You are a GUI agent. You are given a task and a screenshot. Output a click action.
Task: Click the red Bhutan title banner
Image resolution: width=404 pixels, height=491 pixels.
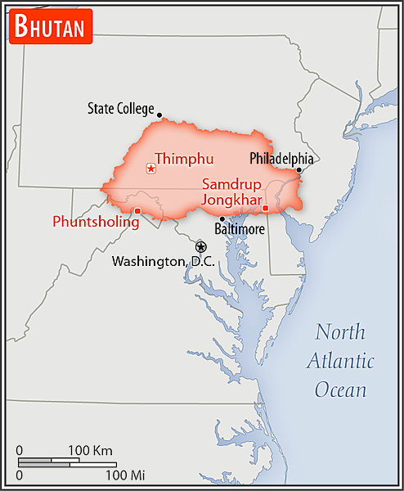[50, 27]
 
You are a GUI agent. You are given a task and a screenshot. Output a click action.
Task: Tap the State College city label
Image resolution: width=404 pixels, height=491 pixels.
[120, 108]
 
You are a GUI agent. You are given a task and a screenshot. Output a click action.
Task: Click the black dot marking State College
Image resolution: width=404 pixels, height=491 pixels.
[159, 115]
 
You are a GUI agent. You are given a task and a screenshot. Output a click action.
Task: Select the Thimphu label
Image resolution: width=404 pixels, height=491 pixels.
[184, 159]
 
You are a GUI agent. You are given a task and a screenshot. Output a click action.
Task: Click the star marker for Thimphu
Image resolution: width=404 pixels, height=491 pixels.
[150, 169]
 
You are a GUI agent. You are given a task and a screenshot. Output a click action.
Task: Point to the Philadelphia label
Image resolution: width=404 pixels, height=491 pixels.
[281, 158]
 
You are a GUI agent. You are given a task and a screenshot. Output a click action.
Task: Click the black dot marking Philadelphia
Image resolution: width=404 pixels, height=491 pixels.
[299, 170]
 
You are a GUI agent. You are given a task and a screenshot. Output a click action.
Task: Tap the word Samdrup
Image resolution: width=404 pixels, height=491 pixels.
[231, 184]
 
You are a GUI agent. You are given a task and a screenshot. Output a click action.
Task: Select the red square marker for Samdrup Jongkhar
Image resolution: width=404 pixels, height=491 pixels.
[265, 208]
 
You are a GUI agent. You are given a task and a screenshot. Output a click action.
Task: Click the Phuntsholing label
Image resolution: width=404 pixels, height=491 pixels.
[96, 221]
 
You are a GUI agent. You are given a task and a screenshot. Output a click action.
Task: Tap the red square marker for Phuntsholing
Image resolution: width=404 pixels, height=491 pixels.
[137, 211]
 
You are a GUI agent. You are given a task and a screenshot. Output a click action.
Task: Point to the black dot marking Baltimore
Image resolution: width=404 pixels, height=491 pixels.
[222, 218]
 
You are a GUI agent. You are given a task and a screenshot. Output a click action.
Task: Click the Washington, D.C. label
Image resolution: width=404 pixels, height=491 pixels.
[163, 261]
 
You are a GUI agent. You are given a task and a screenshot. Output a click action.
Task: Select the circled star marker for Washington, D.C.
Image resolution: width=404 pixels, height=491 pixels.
[200, 246]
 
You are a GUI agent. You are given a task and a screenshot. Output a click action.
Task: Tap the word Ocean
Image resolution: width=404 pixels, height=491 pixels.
[341, 389]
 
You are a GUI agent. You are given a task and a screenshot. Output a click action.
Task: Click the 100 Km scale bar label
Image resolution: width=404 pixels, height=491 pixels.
[90, 450]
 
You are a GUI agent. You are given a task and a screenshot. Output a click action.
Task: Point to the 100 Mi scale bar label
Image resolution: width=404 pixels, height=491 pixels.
[124, 475]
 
